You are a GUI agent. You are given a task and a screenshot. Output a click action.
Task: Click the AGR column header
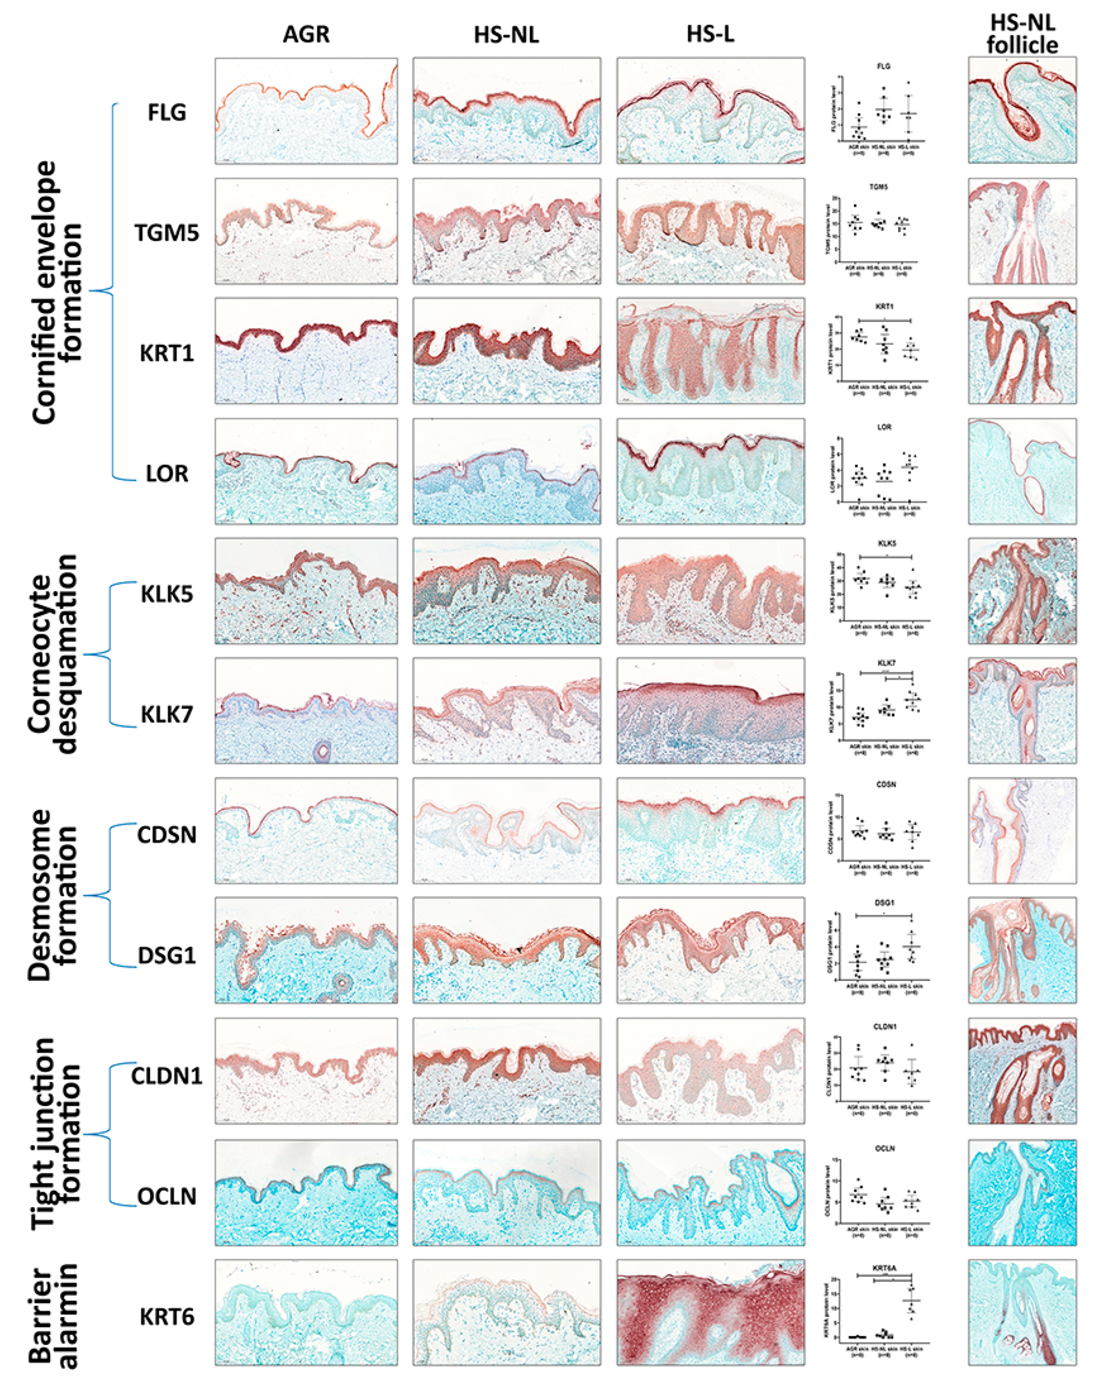306,34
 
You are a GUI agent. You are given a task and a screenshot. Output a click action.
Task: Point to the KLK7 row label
166,714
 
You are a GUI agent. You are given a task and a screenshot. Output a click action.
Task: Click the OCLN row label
166,1196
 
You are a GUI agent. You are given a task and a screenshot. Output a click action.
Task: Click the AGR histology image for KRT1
306,351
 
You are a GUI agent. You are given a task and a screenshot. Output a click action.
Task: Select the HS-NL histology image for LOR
506,471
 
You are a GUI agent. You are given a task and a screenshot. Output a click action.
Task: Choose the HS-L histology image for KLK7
711,711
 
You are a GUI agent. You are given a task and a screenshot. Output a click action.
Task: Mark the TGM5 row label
166,233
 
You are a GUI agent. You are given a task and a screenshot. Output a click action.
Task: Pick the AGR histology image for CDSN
306,831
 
